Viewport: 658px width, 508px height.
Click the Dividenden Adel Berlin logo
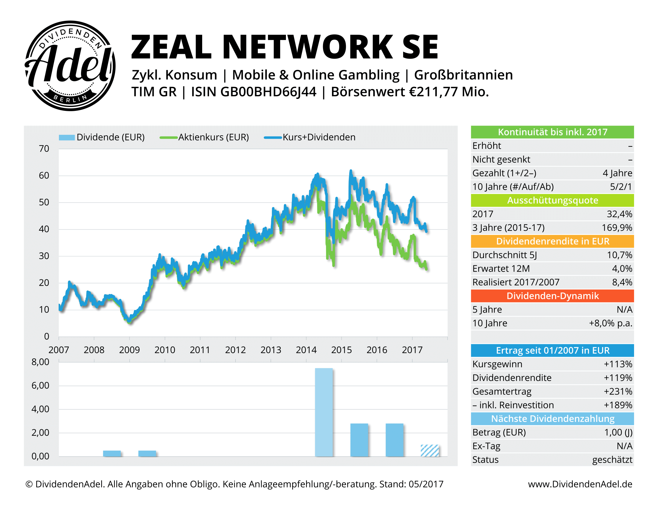point(70,66)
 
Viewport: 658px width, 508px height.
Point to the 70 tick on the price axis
point(44,149)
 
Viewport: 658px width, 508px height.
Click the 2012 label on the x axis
point(235,350)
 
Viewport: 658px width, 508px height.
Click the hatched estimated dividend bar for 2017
point(429,450)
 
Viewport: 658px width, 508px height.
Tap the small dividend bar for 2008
point(112,453)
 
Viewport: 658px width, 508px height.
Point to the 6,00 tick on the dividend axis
point(40,385)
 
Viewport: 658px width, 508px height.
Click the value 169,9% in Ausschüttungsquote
point(617,227)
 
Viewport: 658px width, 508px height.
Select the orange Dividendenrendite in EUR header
point(552,241)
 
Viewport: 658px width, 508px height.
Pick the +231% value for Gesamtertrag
point(618,391)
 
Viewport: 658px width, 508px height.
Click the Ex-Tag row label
point(486,446)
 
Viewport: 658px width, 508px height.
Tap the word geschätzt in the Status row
point(612,460)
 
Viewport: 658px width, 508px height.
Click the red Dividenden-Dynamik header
point(552,296)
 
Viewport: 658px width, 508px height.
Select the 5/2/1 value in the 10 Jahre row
point(621,186)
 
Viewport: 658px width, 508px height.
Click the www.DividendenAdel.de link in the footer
point(580,484)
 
